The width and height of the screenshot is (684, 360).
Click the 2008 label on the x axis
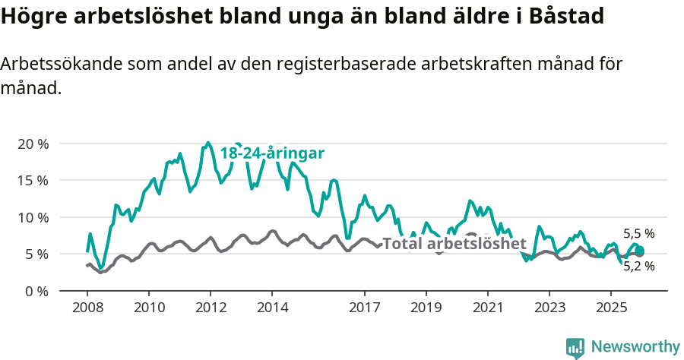point(87,309)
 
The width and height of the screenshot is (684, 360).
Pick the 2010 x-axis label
point(148,309)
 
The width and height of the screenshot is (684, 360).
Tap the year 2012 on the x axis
point(210,309)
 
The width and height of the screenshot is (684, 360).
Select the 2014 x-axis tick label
point(271,309)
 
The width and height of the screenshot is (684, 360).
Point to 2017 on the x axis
point(364,309)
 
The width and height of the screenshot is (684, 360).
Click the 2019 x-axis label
point(426,309)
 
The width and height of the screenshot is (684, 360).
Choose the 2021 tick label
point(487,309)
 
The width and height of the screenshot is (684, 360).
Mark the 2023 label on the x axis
point(549,309)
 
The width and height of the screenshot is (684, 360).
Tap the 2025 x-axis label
point(610,309)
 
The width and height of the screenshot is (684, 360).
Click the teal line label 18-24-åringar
point(272,153)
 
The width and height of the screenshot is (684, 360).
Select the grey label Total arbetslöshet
point(454,244)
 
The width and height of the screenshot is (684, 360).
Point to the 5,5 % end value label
point(638,234)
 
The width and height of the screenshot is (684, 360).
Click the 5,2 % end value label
point(638,266)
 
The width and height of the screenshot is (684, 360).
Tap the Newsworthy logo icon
point(575,347)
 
